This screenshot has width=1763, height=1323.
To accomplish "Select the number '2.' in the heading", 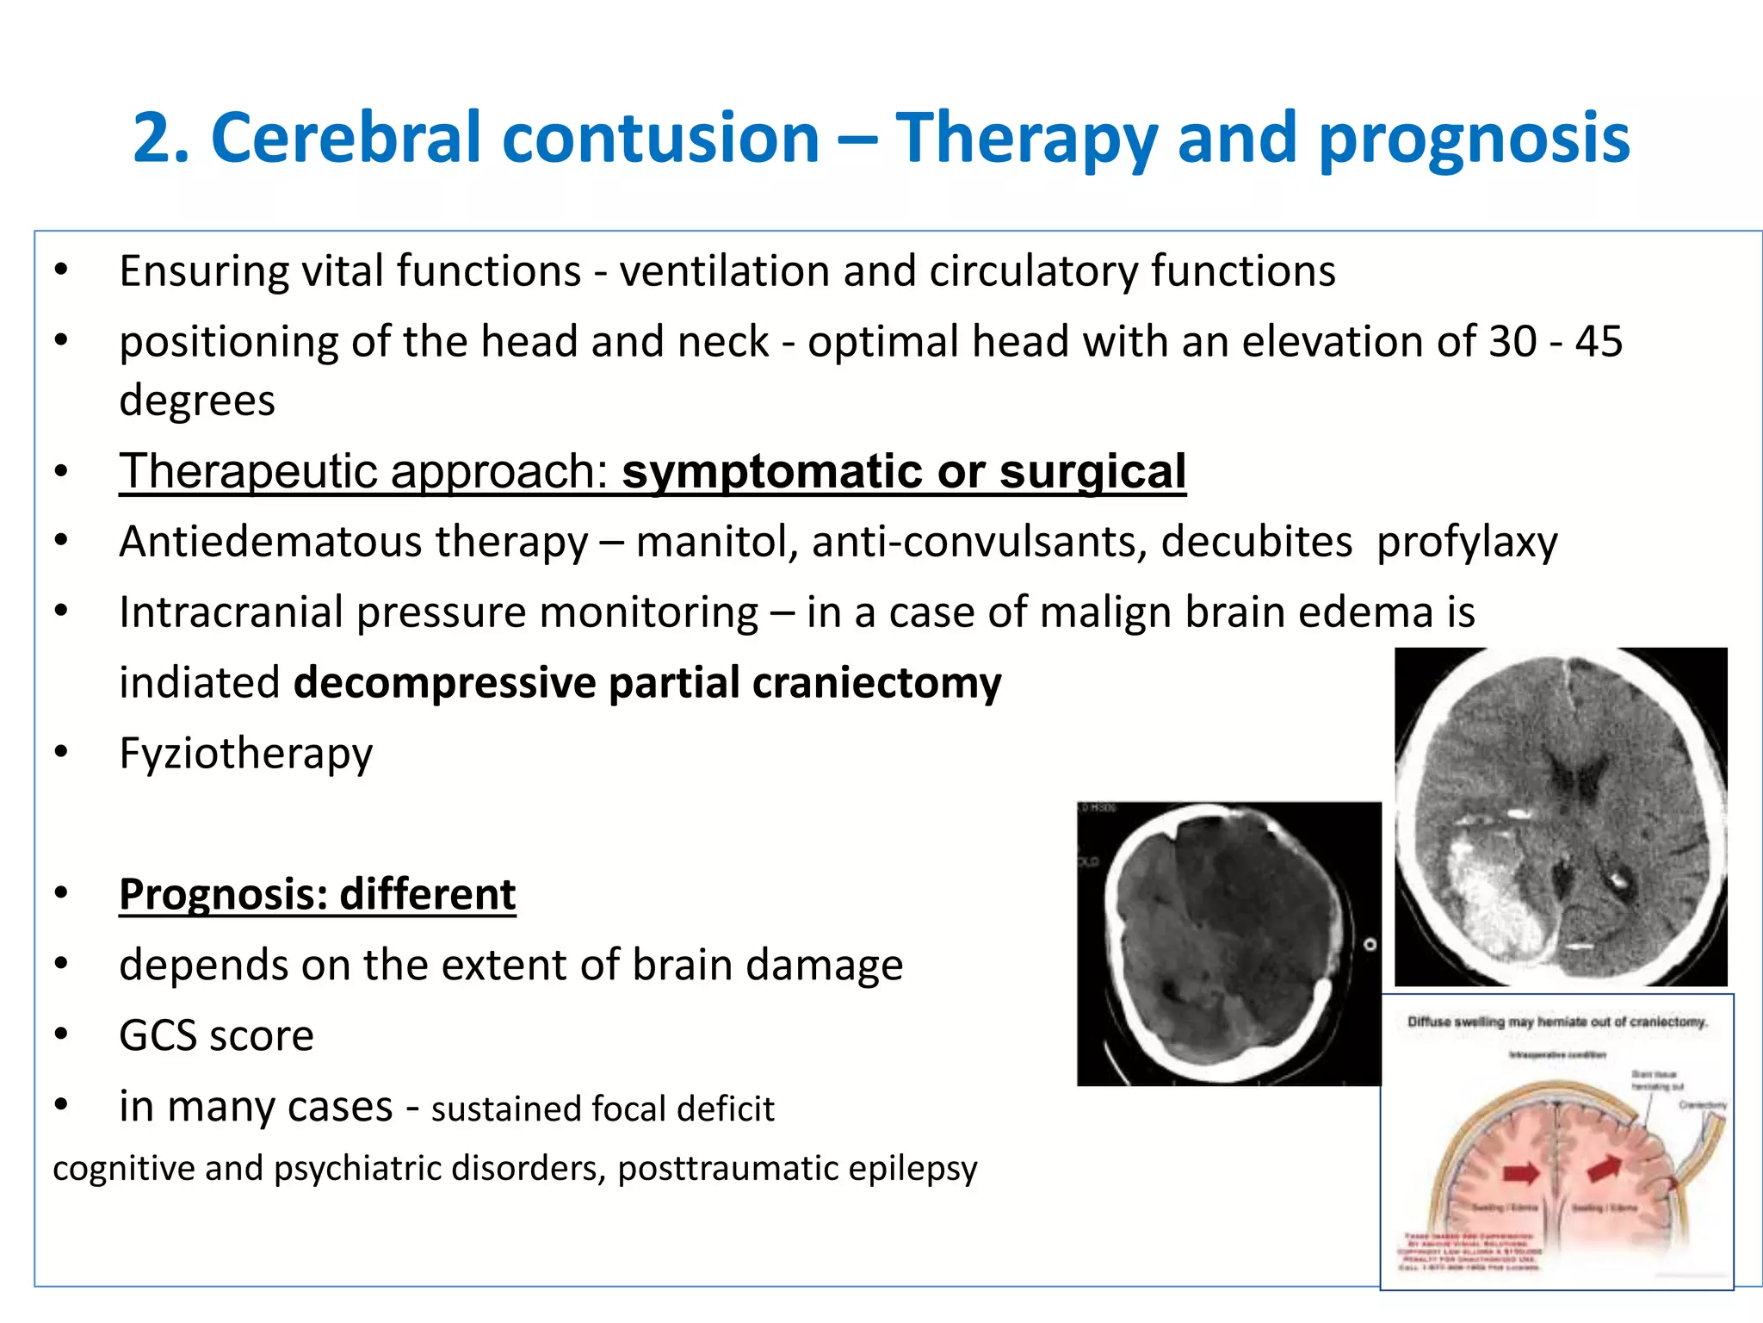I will (161, 138).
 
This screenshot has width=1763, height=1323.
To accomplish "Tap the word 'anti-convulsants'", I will (979, 542).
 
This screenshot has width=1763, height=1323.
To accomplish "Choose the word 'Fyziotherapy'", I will (246, 754).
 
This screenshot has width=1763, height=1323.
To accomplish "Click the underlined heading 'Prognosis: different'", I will (317, 894).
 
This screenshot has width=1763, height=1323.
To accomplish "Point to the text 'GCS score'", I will (216, 1035).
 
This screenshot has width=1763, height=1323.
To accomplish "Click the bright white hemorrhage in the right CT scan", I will (1498, 904).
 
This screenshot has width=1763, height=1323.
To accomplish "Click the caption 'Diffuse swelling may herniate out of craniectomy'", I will (1556, 1022).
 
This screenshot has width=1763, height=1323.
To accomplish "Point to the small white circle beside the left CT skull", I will (1370, 945).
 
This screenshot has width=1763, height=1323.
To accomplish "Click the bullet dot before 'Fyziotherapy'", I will (60, 752).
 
